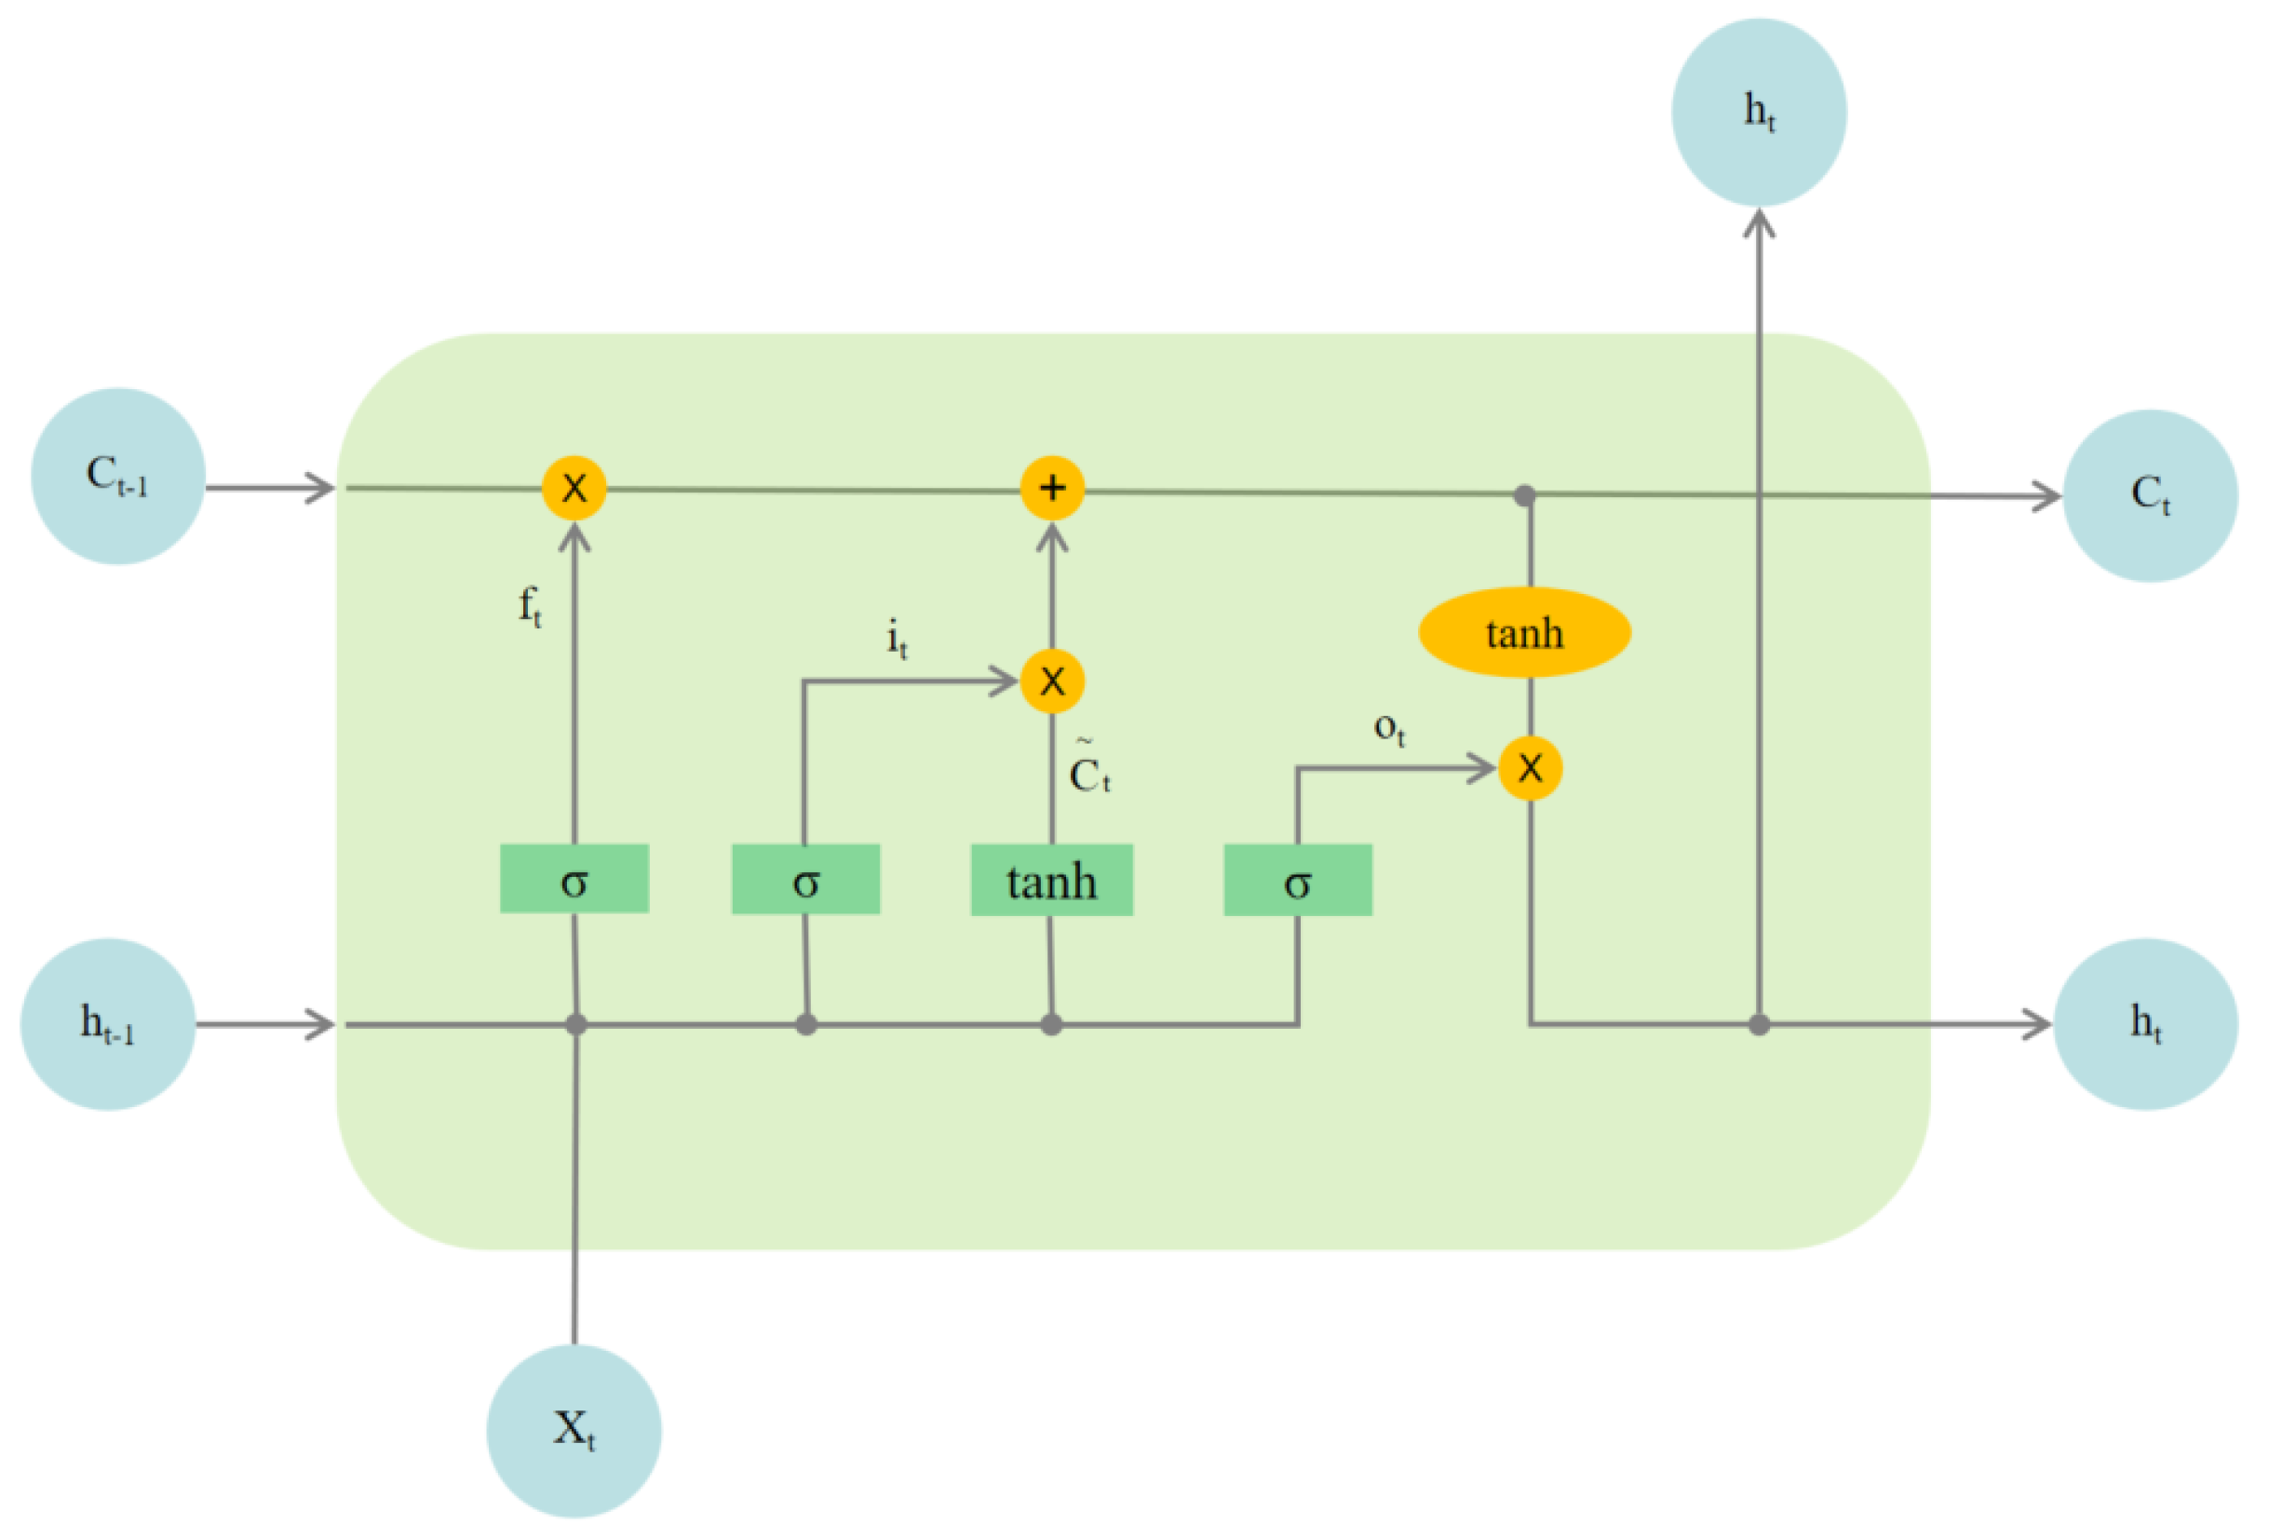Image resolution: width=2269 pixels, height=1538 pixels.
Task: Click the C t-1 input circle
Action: (118, 477)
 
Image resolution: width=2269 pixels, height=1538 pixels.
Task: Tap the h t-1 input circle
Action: (108, 1024)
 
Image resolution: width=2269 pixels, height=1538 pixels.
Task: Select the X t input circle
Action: (574, 1431)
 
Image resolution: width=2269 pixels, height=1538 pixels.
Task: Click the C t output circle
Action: (2149, 495)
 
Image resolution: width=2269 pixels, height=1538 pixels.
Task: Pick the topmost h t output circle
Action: (1759, 113)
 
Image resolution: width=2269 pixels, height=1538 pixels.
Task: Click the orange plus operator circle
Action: (1051, 487)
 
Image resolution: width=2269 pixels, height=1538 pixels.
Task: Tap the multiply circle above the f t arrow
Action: (574, 487)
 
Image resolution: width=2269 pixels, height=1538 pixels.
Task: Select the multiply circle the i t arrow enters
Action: (1051, 681)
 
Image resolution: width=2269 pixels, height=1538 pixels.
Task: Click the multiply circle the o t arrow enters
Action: (1530, 768)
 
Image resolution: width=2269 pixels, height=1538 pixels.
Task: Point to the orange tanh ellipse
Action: (1524, 633)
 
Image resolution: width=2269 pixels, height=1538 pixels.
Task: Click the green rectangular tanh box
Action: (1051, 881)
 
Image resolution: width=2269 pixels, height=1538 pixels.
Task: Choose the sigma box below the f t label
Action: (574, 880)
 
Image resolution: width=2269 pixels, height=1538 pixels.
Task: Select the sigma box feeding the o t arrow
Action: (1298, 881)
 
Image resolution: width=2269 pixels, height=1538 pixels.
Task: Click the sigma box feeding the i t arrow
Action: (805, 880)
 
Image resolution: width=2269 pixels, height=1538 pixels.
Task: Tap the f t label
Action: (529, 606)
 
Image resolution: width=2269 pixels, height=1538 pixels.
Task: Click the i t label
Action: (897, 640)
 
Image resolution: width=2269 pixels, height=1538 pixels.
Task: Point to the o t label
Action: (1388, 727)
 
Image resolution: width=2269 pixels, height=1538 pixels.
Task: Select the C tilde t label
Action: (1088, 772)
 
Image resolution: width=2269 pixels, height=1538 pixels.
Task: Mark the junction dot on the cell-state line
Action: (1524, 495)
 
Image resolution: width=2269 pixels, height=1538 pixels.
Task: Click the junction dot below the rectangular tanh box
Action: (1050, 1024)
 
